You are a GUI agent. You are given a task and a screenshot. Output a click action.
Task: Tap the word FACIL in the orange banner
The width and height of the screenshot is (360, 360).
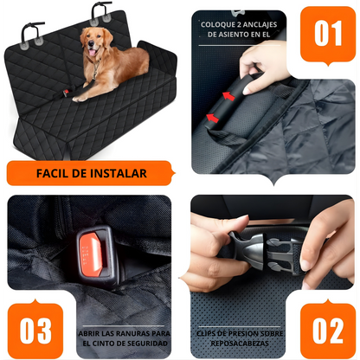[x=53, y=172]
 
